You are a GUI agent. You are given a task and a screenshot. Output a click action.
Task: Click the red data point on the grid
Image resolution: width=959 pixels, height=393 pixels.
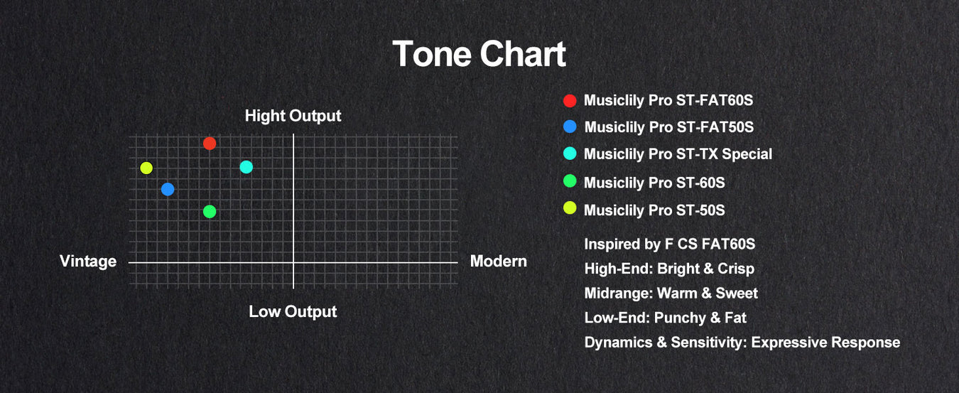click(210, 144)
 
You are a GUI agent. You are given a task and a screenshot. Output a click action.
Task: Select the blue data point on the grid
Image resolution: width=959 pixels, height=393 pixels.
click(168, 189)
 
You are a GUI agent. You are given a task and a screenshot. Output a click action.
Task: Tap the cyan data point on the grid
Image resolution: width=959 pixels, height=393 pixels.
click(246, 167)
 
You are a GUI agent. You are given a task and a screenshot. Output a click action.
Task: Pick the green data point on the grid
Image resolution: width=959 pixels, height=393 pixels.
click(210, 212)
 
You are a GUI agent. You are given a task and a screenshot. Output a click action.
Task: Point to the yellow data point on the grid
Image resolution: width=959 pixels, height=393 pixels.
click(146, 168)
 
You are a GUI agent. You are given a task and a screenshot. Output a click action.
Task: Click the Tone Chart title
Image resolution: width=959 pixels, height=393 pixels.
click(479, 54)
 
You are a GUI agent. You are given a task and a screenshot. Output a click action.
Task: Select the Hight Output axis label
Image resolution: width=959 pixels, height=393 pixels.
click(293, 116)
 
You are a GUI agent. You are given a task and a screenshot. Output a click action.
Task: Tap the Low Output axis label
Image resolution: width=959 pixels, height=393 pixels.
click(293, 312)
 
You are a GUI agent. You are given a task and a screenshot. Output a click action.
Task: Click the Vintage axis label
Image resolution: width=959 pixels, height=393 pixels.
click(88, 261)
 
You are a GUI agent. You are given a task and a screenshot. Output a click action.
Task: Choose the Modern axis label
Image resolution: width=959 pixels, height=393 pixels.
click(499, 261)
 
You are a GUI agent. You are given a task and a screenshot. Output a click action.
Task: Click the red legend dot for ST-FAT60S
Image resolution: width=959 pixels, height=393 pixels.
click(570, 101)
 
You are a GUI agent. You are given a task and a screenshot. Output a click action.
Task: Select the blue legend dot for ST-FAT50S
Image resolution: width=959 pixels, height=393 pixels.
click(570, 126)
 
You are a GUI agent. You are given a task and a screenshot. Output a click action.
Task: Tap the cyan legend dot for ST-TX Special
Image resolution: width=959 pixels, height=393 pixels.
click(570, 154)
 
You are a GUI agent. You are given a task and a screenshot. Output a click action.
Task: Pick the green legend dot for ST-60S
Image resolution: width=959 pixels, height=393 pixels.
click(570, 181)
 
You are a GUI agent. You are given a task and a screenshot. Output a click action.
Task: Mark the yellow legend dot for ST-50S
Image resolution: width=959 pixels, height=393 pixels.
click(570, 208)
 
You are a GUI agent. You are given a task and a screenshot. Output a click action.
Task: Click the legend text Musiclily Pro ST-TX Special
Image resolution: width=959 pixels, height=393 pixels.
click(678, 154)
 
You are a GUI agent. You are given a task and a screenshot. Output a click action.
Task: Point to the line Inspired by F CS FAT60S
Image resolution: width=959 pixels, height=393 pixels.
click(670, 244)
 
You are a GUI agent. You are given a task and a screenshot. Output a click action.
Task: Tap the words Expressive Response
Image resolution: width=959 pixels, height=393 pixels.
click(825, 343)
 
